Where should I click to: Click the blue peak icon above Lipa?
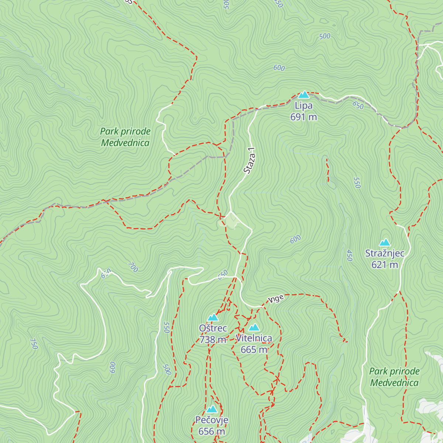pos(303,95)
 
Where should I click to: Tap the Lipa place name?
pos(303,106)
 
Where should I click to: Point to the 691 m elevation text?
pos(303,117)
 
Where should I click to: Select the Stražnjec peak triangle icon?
pos(385,243)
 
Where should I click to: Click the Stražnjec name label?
pos(385,254)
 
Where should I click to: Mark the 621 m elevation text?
pos(385,265)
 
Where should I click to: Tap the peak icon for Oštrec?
pos(213,317)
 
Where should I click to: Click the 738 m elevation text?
pos(213,340)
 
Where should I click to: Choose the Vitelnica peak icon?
pos(254,327)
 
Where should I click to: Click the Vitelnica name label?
pos(254,338)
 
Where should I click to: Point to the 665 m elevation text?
pos(254,350)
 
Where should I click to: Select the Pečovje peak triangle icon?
pos(212,409)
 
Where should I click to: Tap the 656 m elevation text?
pos(212,431)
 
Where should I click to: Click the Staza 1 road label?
pos(249,161)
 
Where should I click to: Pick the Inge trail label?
pos(277,299)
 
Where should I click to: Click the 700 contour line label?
pos(133,267)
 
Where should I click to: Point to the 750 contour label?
pos(34,344)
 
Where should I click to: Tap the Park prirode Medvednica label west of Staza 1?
pos(125,137)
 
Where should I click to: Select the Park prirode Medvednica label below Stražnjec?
pos(394,377)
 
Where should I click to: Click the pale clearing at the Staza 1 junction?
pos(231,220)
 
